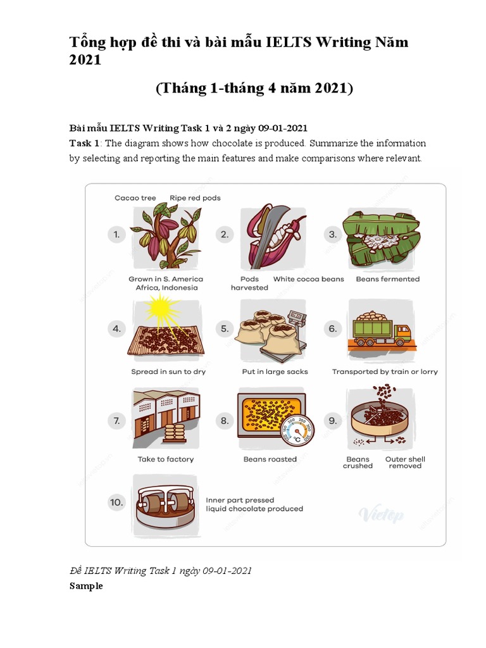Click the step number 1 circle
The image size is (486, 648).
(x=116, y=235)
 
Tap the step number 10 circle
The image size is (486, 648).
(x=116, y=502)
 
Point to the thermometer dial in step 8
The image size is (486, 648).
(x=296, y=429)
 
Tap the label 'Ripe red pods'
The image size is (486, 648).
(x=195, y=198)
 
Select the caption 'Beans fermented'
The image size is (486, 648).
(x=387, y=278)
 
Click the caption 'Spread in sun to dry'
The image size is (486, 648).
(x=168, y=371)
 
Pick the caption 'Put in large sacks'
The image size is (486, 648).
(x=275, y=371)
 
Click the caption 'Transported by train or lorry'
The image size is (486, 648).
(x=385, y=371)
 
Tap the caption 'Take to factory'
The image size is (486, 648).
(x=166, y=459)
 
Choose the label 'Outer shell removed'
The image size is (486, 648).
(x=405, y=463)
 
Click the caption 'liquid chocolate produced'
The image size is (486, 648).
(x=254, y=509)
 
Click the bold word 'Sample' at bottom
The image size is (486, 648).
(x=86, y=586)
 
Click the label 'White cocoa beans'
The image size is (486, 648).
(x=308, y=278)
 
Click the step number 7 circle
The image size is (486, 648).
(x=116, y=420)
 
